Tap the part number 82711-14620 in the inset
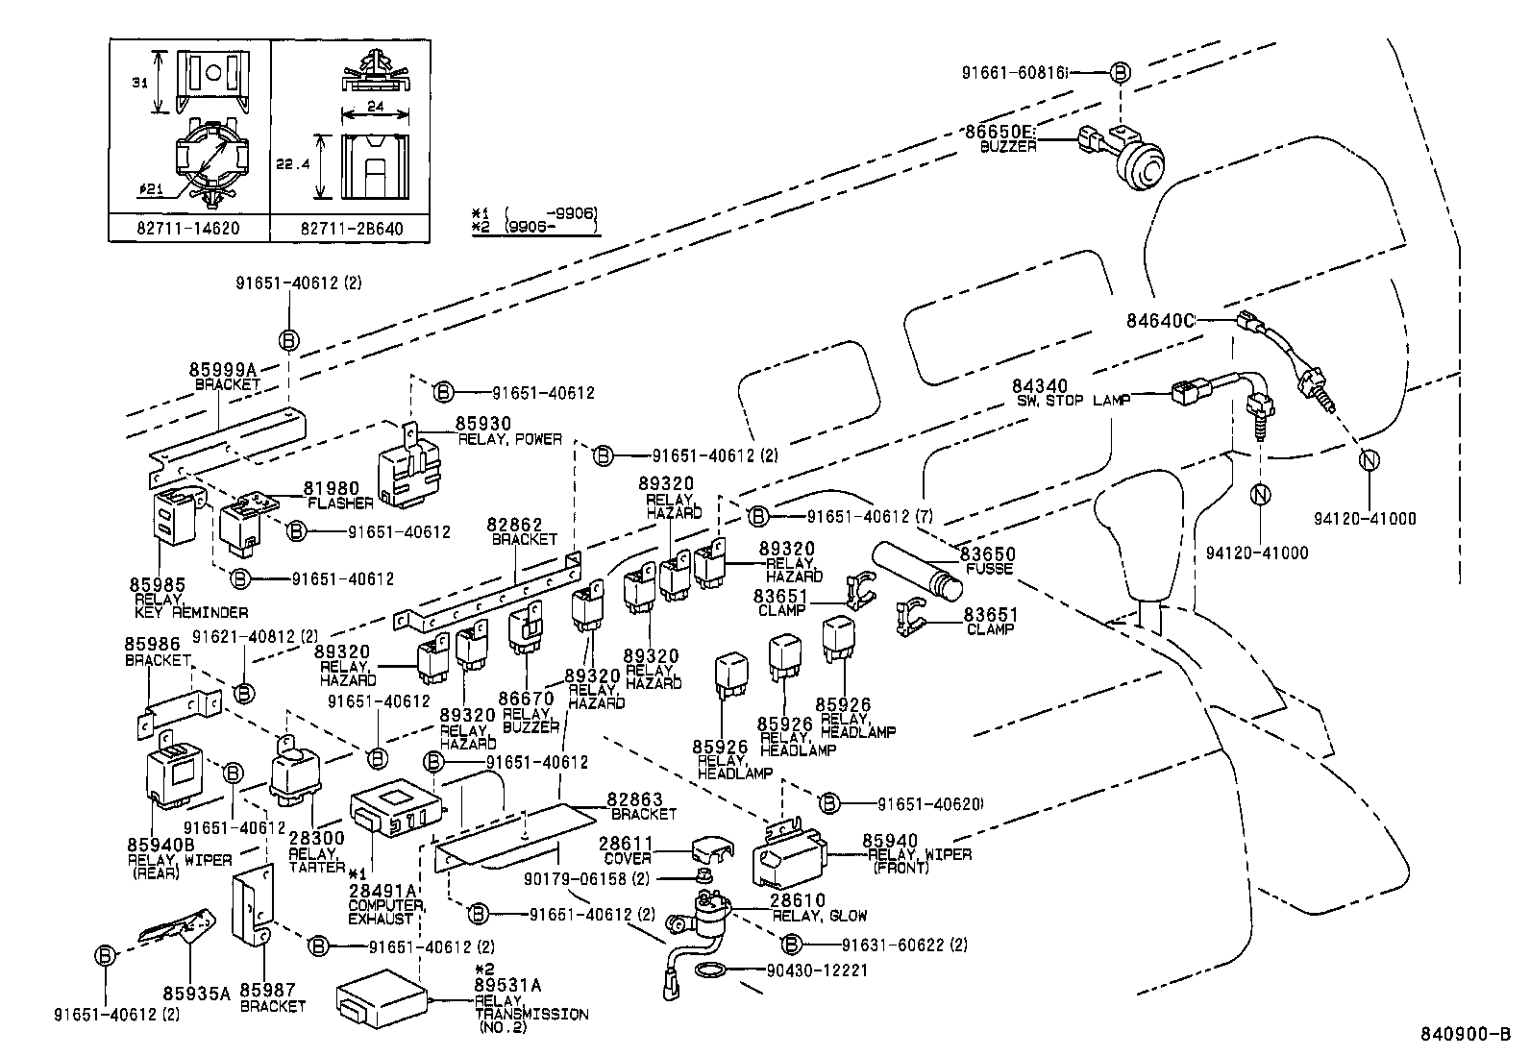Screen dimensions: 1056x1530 (189, 228)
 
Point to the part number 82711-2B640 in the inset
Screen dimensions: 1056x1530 (351, 228)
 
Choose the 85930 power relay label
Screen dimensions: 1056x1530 (482, 424)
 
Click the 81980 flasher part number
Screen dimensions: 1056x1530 (332, 489)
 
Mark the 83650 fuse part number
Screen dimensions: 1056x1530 (989, 555)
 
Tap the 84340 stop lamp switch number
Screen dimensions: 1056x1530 (1039, 386)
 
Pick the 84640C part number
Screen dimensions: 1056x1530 (1160, 320)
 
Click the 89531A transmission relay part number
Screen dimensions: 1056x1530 (507, 985)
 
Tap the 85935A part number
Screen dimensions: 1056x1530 (196, 994)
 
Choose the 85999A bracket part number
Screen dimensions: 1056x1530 (223, 370)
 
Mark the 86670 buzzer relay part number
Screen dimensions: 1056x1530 (526, 700)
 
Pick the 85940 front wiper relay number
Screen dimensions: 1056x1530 (890, 841)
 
